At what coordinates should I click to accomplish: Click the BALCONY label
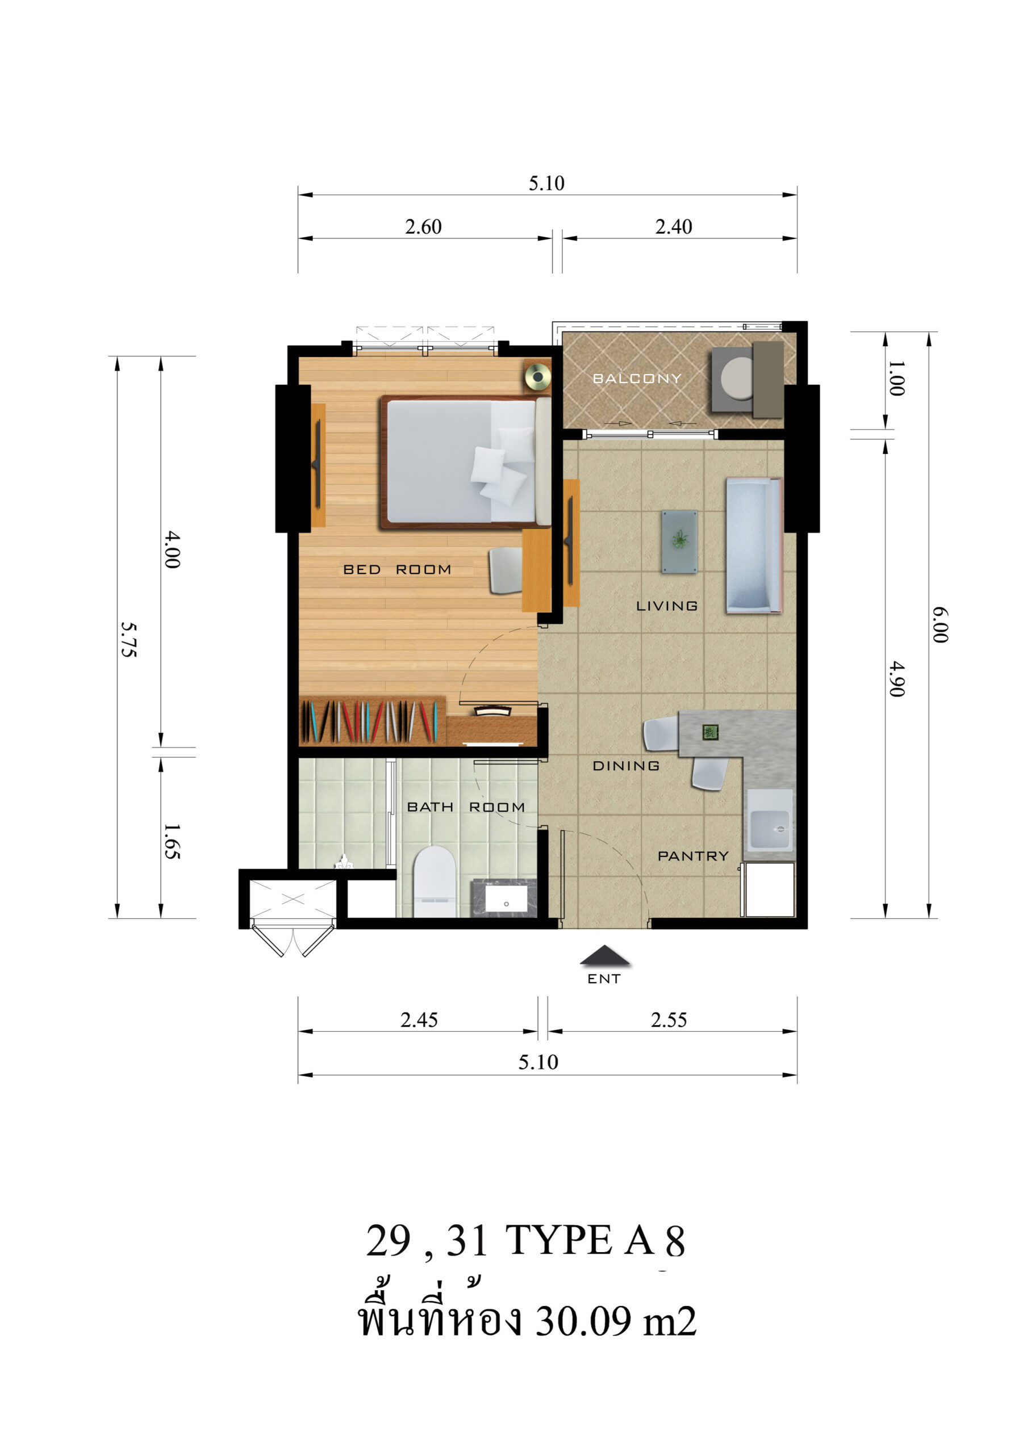[636, 379]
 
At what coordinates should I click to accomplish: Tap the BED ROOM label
[397, 569]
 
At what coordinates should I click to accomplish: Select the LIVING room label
[667, 606]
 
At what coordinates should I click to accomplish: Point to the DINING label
[625, 766]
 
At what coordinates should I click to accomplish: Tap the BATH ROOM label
[465, 808]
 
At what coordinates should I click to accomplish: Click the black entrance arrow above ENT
[605, 956]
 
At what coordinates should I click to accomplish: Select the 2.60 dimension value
[423, 226]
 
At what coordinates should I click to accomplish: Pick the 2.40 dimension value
[673, 226]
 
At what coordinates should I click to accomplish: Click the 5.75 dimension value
[129, 640]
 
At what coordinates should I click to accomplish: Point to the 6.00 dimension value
[940, 625]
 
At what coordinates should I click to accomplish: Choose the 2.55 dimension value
[669, 1020]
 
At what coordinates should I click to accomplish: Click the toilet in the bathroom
[435, 881]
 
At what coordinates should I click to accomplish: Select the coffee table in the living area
[679, 541]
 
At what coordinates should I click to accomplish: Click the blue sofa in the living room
[753, 545]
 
